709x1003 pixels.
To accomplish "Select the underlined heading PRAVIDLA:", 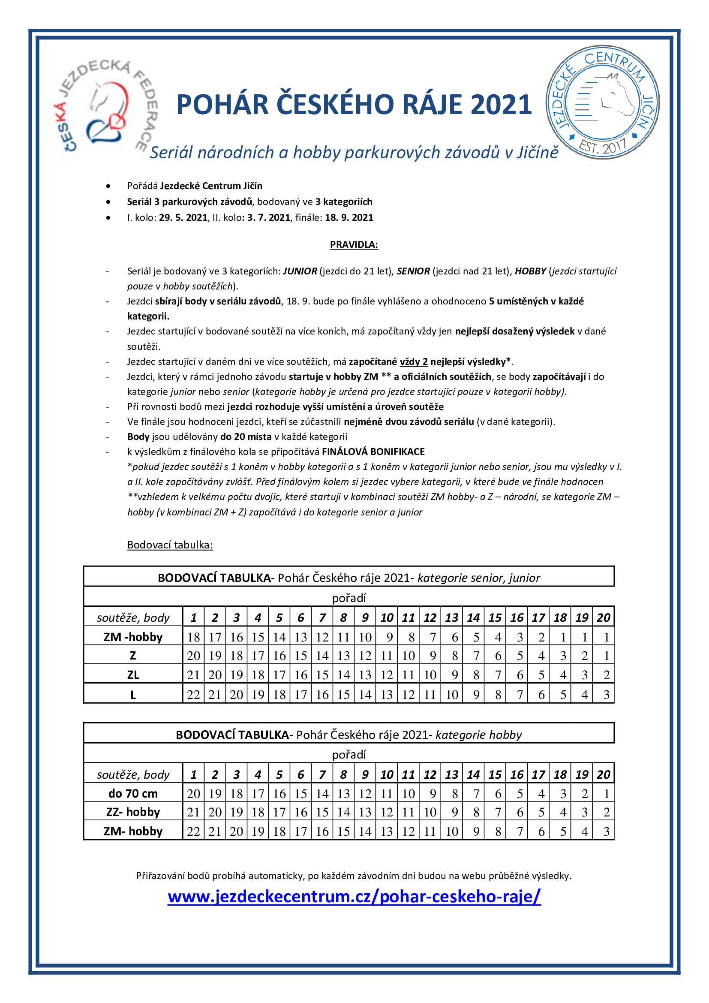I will [x=354, y=244].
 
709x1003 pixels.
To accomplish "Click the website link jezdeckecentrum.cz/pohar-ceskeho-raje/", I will [x=354, y=896].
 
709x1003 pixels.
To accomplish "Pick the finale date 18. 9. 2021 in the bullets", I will [x=349, y=217].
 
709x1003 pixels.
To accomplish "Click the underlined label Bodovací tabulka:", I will [x=170, y=545].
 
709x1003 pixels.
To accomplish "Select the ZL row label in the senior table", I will [x=133, y=675].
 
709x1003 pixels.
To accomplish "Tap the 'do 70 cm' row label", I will [x=133, y=793].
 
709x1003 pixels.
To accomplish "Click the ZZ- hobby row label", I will [x=133, y=812].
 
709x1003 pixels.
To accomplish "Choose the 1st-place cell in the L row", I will [x=193, y=695].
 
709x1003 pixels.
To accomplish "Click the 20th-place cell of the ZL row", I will [x=606, y=675].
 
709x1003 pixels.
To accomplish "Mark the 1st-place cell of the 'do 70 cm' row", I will [x=193, y=793].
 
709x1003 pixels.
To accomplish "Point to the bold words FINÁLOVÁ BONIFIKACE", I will [x=373, y=452].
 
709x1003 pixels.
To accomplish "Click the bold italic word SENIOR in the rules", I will [x=413, y=271].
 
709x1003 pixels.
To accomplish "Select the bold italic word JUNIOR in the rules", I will [x=300, y=271].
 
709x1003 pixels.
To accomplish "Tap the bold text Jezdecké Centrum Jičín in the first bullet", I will [x=211, y=186].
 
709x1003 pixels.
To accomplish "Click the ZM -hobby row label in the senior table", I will [x=133, y=637].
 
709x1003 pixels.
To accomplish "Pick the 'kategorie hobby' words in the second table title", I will [x=478, y=735].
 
